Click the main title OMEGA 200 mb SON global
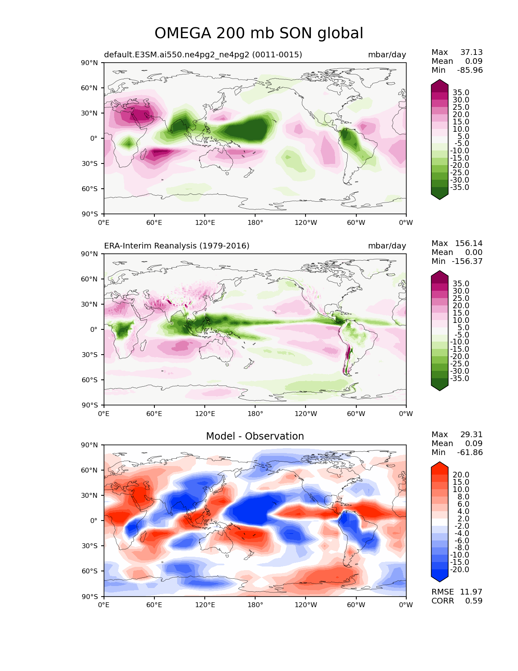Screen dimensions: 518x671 pos(259,33)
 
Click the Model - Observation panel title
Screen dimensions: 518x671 pos(255,436)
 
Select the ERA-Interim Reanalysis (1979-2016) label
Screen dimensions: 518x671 pos(176,246)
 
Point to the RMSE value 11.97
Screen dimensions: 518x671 pos(471,592)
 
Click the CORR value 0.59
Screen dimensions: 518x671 pos(474,601)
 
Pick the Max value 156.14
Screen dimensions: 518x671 pos(468,243)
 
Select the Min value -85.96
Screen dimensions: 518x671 pos(470,70)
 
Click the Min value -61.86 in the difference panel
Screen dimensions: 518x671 pos(470,452)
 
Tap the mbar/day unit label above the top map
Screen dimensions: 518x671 pos(387,54)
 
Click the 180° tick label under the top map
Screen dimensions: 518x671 pos(255,222)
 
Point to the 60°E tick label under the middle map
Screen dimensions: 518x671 pos(154,414)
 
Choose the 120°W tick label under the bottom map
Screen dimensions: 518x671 pos(306,605)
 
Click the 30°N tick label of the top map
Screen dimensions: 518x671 pos(89,113)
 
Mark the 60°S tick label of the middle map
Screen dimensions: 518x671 pos(89,380)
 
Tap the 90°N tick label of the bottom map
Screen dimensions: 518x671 pos(89,445)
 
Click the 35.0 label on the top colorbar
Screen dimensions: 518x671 pos(461,92)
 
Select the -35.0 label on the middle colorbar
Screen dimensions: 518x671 pos(459,378)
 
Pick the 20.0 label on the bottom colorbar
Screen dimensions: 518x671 pos(461,475)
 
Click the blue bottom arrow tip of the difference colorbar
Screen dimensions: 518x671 pos(439,582)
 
